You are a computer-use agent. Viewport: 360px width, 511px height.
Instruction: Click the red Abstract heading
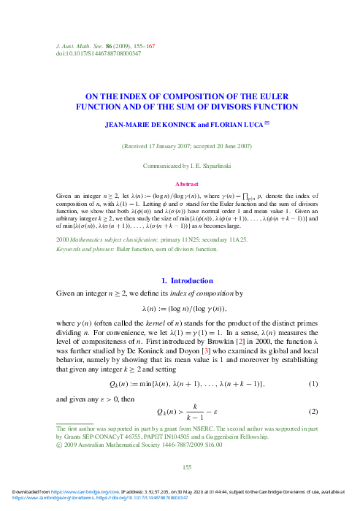(180, 185)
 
